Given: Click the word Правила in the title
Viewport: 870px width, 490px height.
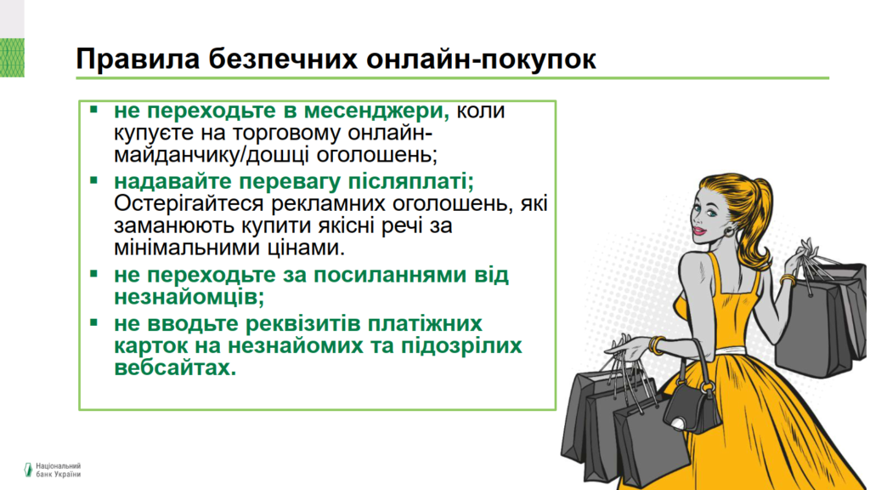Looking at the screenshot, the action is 138,59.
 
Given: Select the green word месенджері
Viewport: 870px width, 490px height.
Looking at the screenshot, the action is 376,111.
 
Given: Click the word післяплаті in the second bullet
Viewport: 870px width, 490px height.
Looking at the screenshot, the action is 410,182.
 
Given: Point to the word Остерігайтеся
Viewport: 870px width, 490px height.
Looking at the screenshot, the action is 189,204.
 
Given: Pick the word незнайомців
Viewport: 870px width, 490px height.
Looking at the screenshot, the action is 189,297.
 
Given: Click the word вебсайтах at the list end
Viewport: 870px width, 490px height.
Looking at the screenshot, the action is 175,367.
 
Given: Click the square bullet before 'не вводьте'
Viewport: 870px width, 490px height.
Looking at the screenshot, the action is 93,322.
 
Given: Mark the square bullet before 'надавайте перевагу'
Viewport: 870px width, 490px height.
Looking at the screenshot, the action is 93,179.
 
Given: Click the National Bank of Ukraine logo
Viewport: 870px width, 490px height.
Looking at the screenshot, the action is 52,470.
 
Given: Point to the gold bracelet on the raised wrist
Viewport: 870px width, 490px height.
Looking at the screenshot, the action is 788,280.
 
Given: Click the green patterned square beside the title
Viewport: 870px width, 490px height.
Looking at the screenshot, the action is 12,58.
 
